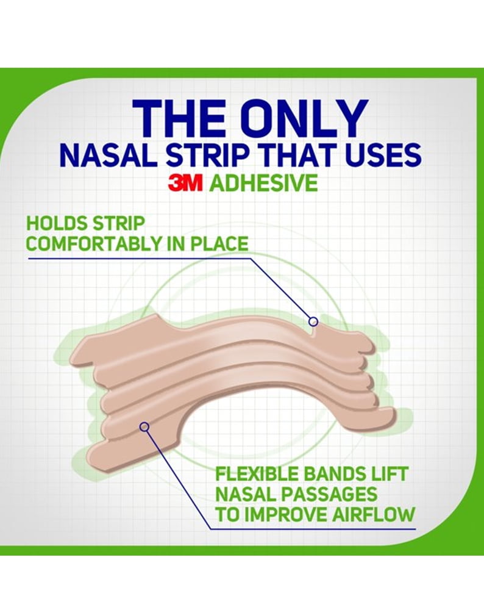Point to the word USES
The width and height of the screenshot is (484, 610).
[379, 155]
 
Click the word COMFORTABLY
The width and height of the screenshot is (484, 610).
[93, 244]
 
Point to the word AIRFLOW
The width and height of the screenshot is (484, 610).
[373, 514]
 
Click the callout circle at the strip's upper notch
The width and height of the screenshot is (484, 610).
[313, 321]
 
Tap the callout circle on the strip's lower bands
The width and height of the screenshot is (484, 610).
[144, 427]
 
